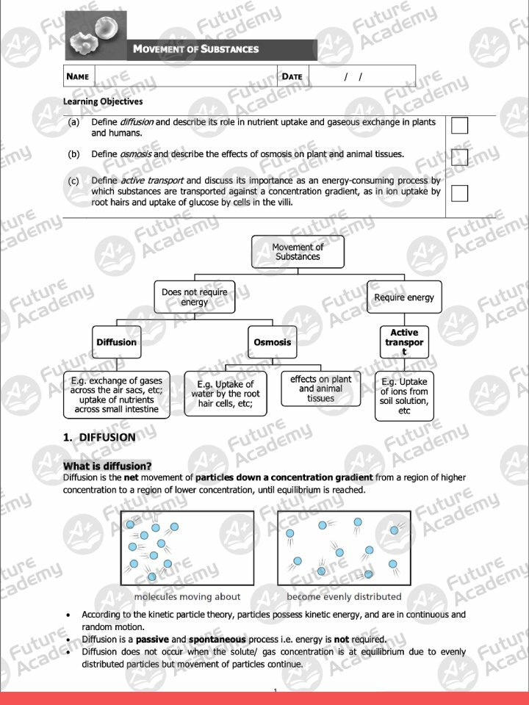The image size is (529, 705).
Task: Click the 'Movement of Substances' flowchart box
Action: (298, 252)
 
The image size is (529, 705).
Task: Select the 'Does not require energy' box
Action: (195, 297)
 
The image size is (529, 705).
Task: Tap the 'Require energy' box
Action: (404, 297)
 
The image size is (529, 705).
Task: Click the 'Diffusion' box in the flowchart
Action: (116, 342)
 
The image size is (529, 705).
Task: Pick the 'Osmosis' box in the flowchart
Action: (272, 342)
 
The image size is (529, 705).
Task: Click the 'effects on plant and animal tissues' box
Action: (320, 388)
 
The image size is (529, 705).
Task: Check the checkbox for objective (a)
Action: (459, 126)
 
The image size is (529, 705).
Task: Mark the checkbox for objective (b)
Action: (459, 157)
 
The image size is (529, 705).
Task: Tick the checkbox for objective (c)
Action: (459, 193)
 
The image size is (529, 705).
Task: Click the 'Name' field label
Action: (78, 76)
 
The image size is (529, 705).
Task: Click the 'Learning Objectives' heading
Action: (103, 101)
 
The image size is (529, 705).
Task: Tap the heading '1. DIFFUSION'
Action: (99, 437)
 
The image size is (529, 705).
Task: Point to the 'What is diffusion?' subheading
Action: (107, 466)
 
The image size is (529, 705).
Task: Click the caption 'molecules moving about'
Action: (187, 596)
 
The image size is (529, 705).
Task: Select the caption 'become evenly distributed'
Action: (344, 596)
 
